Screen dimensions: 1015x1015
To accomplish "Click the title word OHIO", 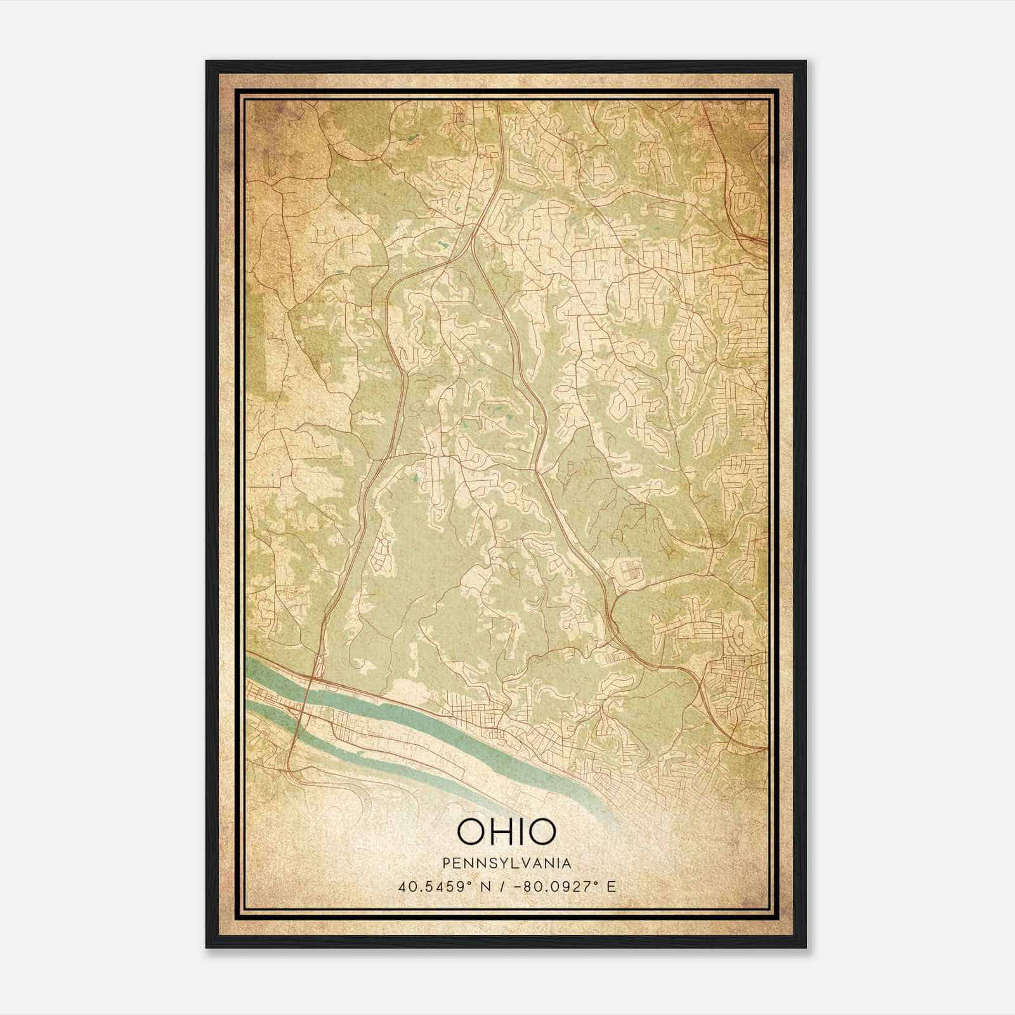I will click(x=506, y=831).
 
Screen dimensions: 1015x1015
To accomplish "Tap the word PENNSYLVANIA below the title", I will click(x=507, y=863).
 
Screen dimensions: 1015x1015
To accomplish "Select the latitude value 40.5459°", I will click(x=435, y=886).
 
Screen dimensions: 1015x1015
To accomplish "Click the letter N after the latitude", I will click(x=488, y=886).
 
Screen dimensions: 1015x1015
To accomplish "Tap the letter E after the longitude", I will click(x=611, y=886).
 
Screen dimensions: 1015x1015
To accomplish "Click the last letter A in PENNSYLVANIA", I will click(x=566, y=863).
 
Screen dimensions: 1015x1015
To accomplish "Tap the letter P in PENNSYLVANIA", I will click(x=448, y=863).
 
